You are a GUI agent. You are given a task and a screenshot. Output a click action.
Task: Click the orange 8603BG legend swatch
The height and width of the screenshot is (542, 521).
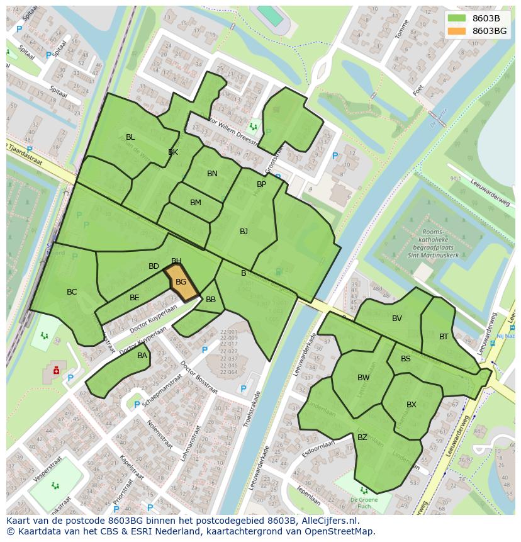point(457,31)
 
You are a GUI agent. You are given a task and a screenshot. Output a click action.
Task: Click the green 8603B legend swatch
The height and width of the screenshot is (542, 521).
point(457,18)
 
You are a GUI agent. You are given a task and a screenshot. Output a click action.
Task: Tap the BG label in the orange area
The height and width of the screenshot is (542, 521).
point(181,282)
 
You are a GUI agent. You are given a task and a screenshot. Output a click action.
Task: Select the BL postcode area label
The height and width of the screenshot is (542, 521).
point(130,137)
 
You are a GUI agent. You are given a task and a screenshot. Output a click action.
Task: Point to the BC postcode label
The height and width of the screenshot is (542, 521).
point(72,292)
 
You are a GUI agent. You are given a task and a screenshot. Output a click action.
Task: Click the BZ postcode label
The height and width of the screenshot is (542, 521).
point(362,437)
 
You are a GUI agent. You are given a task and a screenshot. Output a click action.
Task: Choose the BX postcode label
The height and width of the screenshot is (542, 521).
point(412,405)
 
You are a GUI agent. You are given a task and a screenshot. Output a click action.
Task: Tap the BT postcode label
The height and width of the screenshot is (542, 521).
point(444,337)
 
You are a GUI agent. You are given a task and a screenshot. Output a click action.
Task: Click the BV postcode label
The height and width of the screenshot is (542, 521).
point(396,319)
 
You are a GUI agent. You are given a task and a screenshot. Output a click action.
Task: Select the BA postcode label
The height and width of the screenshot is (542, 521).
point(142,356)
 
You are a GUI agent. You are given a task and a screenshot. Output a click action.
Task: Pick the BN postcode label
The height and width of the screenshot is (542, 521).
point(212,174)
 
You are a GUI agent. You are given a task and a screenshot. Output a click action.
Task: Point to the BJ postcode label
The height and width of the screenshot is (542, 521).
point(244,232)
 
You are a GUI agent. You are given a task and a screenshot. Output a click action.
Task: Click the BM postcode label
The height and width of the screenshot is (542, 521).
point(196,203)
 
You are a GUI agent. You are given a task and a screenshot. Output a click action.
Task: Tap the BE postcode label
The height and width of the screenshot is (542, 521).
point(134,298)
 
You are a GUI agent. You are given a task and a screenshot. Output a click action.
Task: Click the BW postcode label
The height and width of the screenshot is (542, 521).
point(364,378)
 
